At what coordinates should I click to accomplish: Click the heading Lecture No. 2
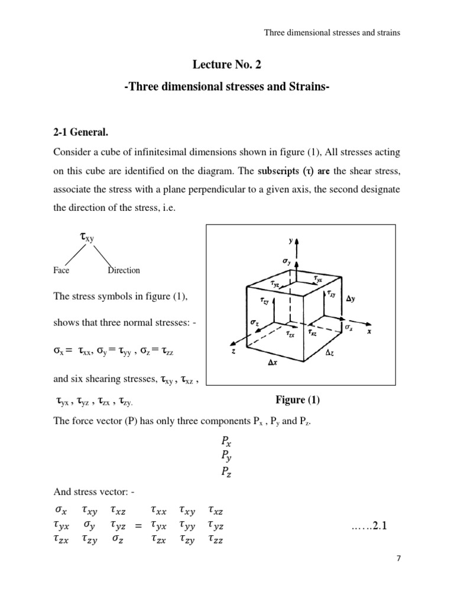point(228,64)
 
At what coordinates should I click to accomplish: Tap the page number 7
point(398,573)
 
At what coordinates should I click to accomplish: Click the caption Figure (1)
point(297,400)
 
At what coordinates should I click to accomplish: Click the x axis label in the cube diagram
point(368,331)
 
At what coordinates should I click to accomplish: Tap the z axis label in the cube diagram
point(234,350)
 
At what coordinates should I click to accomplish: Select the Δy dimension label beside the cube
point(351,299)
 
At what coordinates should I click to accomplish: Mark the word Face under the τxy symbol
point(61,271)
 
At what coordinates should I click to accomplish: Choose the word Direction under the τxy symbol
point(124,271)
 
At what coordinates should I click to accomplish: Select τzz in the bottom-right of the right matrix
point(216,539)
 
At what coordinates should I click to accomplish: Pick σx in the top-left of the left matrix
point(61,509)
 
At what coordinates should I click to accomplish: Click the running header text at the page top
point(332,33)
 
